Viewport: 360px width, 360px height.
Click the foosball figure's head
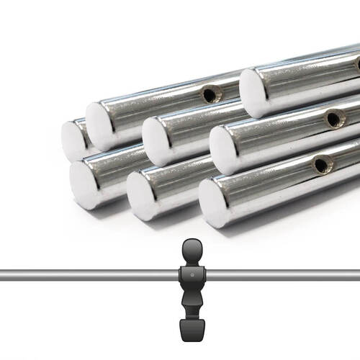tap(192, 250)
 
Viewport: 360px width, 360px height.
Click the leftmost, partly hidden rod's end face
tap(72, 140)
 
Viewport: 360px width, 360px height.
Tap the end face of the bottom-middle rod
tap(143, 195)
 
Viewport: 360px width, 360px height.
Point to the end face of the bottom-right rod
tap(215, 203)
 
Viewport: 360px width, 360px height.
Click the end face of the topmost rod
tap(254, 93)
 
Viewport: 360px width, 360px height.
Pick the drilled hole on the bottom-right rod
tap(322, 165)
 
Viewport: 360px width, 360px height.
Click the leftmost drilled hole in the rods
tap(210, 94)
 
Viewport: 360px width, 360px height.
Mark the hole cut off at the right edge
tap(358, 63)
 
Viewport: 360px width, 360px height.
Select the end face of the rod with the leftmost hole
tap(102, 126)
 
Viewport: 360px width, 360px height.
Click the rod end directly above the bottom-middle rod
tap(158, 141)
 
